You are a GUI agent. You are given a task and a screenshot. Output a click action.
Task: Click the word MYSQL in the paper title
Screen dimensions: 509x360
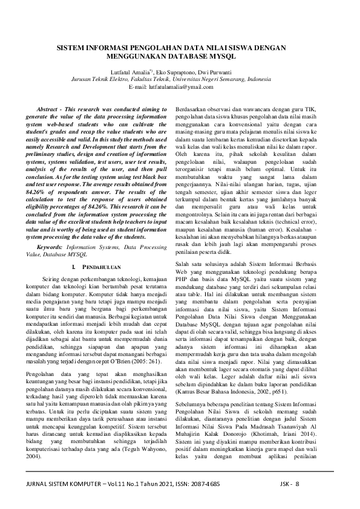(222, 56)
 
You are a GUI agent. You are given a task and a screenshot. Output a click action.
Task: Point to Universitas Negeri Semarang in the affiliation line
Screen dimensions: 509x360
(209, 79)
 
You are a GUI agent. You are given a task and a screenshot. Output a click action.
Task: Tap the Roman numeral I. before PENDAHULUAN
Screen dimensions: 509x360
(73, 266)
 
